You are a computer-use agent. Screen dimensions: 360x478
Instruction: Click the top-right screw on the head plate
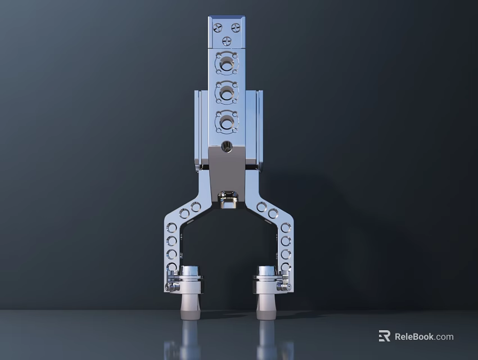coord(236,28)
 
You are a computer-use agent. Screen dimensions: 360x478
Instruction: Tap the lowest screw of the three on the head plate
coord(227,40)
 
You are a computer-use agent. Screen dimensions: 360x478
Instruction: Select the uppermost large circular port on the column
coord(227,63)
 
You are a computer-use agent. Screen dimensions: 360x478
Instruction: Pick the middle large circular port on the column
coord(227,92)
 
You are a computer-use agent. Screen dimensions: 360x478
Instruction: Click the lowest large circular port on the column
coord(227,121)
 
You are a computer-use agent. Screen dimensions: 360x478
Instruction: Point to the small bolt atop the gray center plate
coord(227,147)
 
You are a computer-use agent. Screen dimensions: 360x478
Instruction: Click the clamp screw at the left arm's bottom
coord(169,287)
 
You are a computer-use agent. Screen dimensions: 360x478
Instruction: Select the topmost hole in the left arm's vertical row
coord(172,228)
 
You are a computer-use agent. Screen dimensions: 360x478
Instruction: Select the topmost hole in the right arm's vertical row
coord(286,228)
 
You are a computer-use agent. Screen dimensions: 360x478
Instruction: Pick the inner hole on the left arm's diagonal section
coord(196,207)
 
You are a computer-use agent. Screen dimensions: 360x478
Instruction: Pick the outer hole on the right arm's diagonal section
coord(273,214)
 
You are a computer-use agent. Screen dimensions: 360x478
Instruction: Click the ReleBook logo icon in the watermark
coord(385,336)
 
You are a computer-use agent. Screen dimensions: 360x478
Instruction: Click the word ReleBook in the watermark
coord(414,337)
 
